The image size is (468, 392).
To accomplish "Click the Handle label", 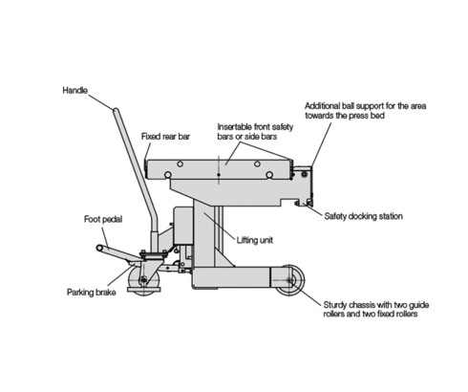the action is pyautogui.click(x=74, y=91).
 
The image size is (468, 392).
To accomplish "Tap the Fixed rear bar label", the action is pyautogui.click(x=165, y=137).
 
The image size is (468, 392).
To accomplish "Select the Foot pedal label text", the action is pyautogui.click(x=103, y=219).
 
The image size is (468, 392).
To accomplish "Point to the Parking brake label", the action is pyautogui.click(x=92, y=293).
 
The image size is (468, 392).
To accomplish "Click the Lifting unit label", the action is pyautogui.click(x=255, y=240).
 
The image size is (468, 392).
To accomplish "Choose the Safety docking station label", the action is pyautogui.click(x=364, y=216).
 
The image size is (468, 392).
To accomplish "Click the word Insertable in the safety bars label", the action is pyautogui.click(x=235, y=127).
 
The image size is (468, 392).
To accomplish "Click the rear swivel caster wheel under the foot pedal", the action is pyautogui.click(x=144, y=281).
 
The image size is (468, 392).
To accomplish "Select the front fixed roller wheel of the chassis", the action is pyautogui.click(x=289, y=280).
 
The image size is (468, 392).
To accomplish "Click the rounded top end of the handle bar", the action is pyautogui.click(x=116, y=110).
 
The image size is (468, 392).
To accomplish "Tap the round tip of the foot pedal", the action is pyautogui.click(x=99, y=248).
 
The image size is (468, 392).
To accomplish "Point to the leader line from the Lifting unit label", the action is pyautogui.click(x=220, y=226).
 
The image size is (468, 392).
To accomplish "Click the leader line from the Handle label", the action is pyautogui.click(x=100, y=102).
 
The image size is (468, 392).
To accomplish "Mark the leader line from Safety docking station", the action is pyautogui.click(x=313, y=210).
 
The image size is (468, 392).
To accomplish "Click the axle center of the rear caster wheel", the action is pyautogui.click(x=144, y=280).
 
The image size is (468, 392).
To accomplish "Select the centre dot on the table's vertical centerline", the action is pyautogui.click(x=219, y=175).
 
